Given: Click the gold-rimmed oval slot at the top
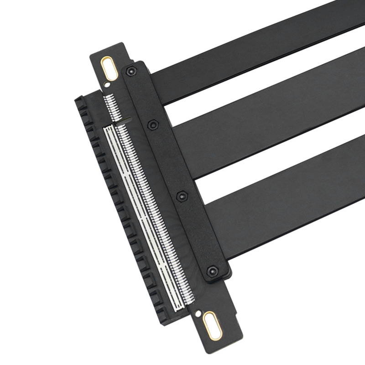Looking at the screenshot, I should [x=109, y=68].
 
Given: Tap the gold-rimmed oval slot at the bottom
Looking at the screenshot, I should [x=213, y=325].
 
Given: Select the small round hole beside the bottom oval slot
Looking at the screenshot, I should [x=198, y=314].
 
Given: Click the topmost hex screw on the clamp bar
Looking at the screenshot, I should [x=131, y=71].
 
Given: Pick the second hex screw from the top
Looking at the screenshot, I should [x=153, y=124].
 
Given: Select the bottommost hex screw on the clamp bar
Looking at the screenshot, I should [x=212, y=271].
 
